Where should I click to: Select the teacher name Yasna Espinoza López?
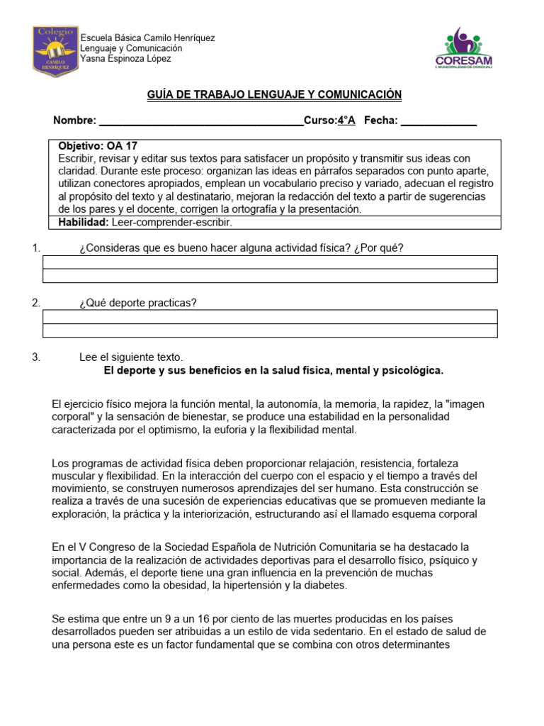point(125,59)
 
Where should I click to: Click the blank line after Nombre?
point(200,121)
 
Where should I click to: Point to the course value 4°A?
point(346,121)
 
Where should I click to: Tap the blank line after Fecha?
point(438,121)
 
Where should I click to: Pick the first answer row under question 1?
point(270,262)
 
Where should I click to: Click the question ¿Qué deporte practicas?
point(138,303)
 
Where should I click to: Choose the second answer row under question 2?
point(270,331)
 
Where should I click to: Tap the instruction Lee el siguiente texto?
point(131,357)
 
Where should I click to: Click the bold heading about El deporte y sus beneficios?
point(273,370)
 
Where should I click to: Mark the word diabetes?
point(326,585)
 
